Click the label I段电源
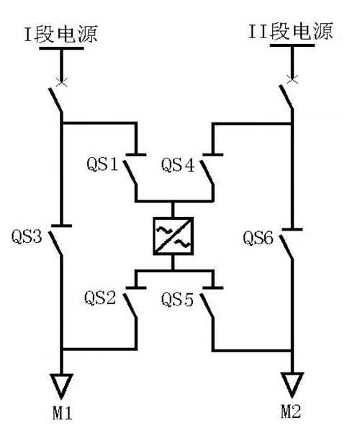[60, 34]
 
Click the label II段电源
[291, 31]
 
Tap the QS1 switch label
[102, 164]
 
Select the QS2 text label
[100, 298]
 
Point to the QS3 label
[27, 236]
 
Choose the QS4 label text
[178, 165]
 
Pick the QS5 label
[177, 299]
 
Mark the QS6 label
[258, 238]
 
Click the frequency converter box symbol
[174, 236]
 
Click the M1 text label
[62, 413]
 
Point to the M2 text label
[291, 411]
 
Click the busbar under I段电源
[61, 48]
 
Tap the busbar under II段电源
[292, 45]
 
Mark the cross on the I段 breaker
[61, 81]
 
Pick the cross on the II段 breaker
[292, 79]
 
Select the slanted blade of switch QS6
[286, 247]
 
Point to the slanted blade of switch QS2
[130, 305]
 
